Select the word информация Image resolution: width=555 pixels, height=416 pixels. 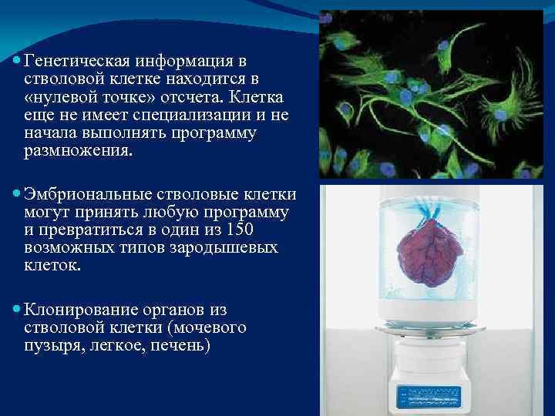coord(174,60)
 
